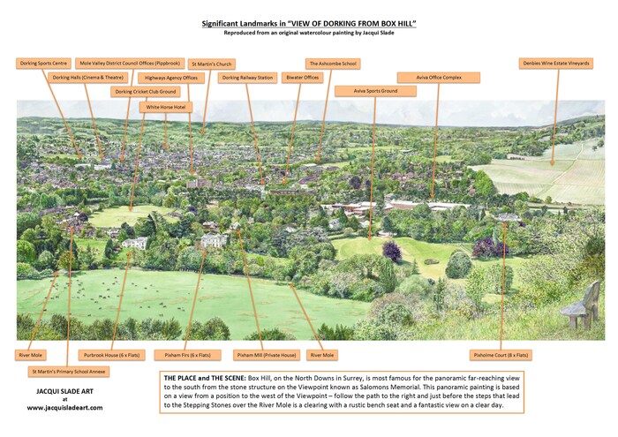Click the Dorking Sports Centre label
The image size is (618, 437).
(x=43, y=64)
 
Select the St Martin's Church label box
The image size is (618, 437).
(x=212, y=64)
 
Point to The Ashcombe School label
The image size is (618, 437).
(x=332, y=64)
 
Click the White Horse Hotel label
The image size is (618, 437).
(x=166, y=106)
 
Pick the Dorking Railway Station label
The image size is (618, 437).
(x=247, y=78)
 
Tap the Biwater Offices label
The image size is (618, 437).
(x=303, y=78)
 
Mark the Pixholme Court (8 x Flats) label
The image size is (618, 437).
(x=501, y=355)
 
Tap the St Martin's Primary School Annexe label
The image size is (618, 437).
(x=68, y=372)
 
